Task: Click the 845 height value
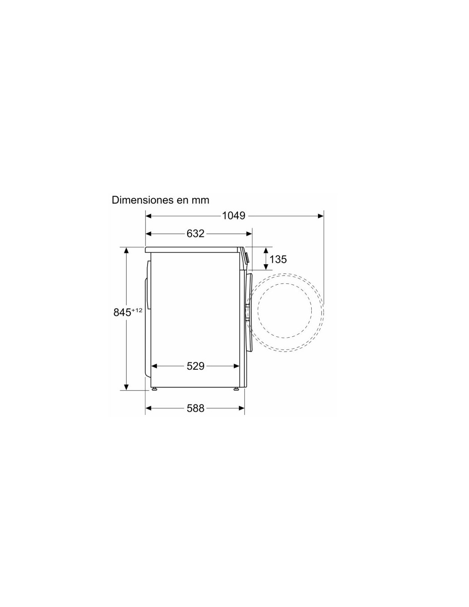[122, 312]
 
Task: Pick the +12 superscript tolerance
[137, 310]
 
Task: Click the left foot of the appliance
[154, 389]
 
